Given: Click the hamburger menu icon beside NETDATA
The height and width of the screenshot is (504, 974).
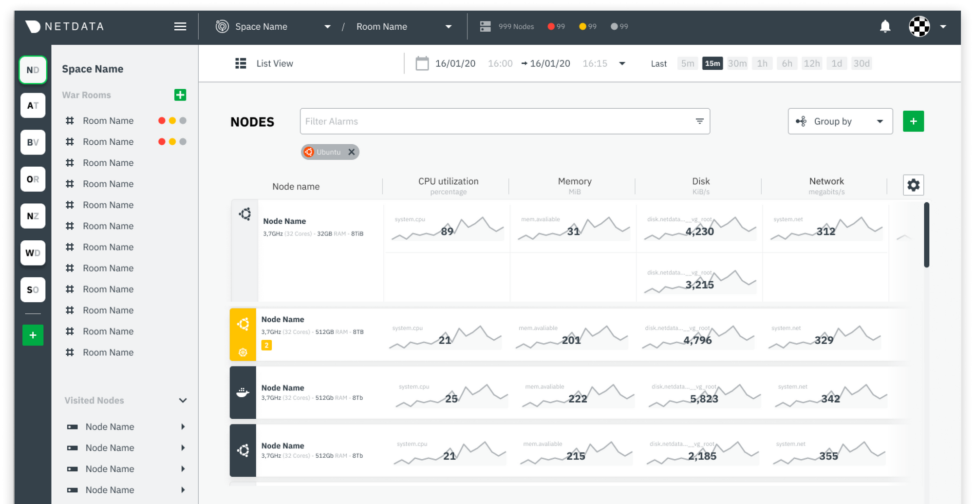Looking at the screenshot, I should [x=180, y=27].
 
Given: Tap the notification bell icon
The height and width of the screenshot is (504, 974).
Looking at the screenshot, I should [x=885, y=26].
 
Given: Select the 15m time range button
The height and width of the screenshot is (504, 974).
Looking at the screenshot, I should [x=712, y=63].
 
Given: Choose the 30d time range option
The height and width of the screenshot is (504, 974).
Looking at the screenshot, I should [x=861, y=63].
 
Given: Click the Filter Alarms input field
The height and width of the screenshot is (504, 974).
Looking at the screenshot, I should [x=497, y=121].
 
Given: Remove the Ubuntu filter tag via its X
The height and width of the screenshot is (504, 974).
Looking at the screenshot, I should [x=352, y=152].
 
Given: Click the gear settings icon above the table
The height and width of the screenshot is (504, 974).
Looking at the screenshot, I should [x=913, y=185].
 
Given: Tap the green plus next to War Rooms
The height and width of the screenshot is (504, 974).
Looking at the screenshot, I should [x=180, y=95].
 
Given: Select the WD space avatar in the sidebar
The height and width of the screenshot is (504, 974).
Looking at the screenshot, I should [x=33, y=253].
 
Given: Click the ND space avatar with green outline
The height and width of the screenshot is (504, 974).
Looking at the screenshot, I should [x=33, y=70].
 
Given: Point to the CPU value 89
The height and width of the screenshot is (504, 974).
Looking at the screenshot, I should [x=447, y=232].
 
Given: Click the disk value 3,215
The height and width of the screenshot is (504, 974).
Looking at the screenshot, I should [x=699, y=285].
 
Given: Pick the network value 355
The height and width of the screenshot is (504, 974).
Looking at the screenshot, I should [x=828, y=456].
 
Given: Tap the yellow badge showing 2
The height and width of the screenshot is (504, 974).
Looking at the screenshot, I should [x=266, y=346].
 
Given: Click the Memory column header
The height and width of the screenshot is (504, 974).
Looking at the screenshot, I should [x=575, y=182].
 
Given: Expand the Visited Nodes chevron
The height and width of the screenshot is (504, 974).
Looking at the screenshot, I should [x=183, y=401].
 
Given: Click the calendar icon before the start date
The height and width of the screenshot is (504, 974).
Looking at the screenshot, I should [x=422, y=63].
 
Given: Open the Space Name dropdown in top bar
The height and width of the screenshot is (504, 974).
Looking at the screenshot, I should [x=328, y=27].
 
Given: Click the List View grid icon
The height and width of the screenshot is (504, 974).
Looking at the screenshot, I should [x=241, y=63].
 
